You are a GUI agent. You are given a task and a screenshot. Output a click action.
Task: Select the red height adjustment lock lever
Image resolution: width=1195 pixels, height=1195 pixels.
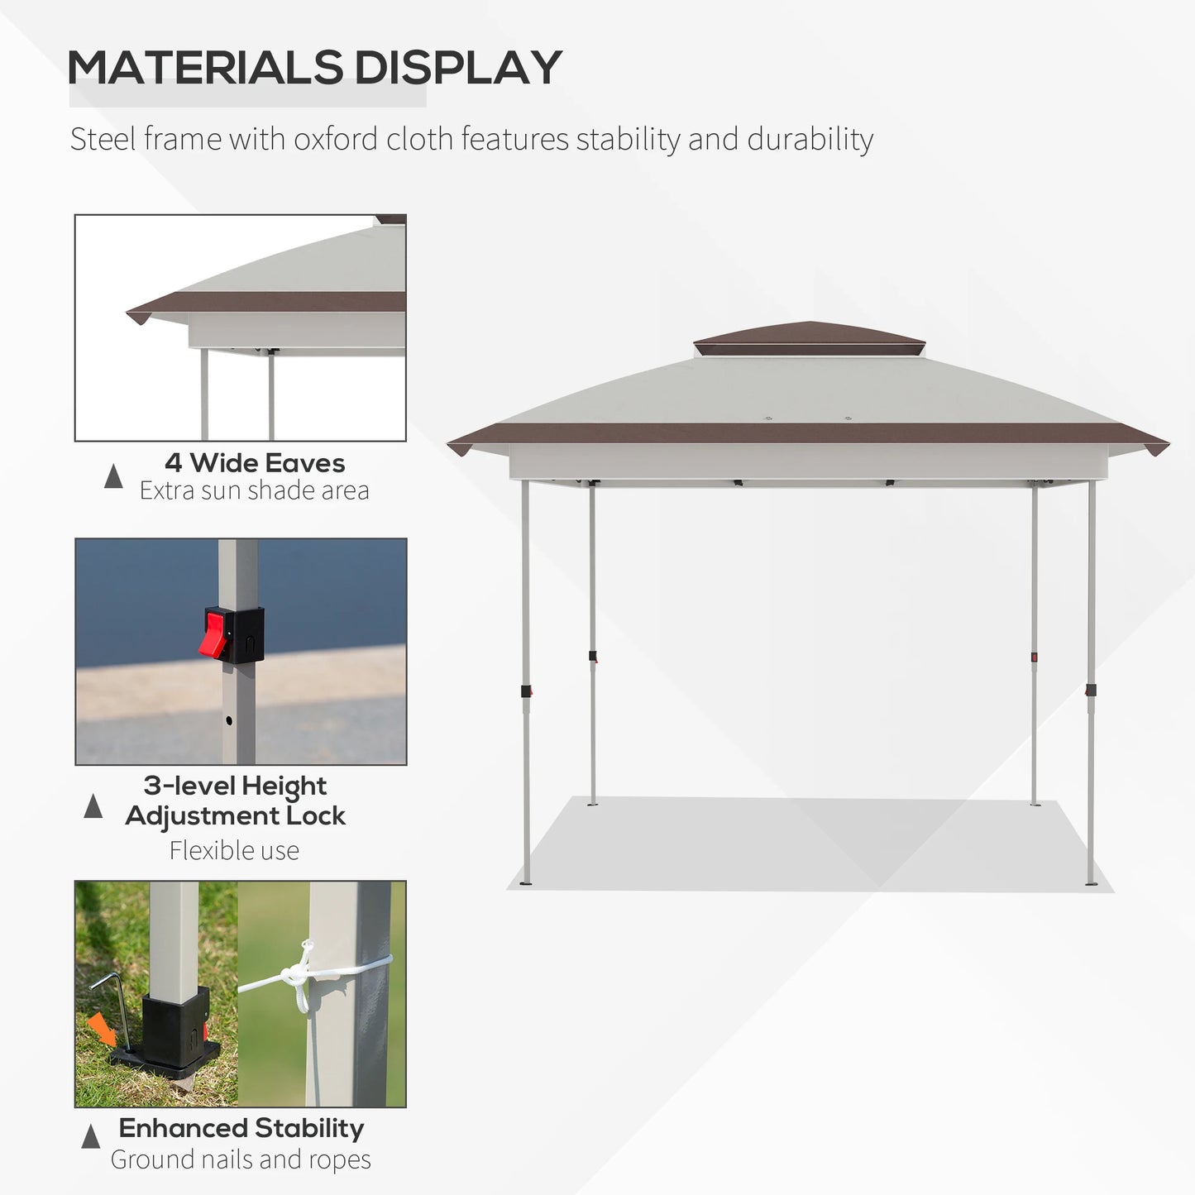[x=215, y=633]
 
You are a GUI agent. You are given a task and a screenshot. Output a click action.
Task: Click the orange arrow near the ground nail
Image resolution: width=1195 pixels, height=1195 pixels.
[x=103, y=1029]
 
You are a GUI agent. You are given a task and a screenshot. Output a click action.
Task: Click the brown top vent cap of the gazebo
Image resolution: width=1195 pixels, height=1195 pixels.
[x=809, y=337]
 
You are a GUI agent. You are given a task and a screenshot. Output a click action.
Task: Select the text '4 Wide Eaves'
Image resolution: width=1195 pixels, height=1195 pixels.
[x=255, y=463]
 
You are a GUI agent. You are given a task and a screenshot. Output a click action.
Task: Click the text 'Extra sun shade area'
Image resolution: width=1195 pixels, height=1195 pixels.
[x=254, y=491]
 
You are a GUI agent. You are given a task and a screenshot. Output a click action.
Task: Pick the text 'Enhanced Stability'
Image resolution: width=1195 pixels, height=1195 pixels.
[x=241, y=1128]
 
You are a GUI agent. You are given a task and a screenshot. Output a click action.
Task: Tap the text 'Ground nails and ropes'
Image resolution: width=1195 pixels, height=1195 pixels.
[x=241, y=1160]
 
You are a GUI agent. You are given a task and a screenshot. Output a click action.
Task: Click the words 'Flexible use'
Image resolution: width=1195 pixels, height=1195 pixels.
[x=234, y=851]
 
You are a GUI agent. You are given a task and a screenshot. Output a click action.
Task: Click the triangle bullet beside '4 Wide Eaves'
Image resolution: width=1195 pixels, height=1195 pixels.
[x=113, y=476]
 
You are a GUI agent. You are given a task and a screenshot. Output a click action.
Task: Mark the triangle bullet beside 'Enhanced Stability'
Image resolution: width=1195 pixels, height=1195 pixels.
[x=91, y=1137]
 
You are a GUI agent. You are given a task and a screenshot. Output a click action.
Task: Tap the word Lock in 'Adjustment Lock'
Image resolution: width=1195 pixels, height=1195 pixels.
[x=315, y=816]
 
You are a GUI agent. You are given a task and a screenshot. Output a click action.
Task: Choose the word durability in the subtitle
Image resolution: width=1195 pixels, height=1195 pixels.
[x=810, y=140]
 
